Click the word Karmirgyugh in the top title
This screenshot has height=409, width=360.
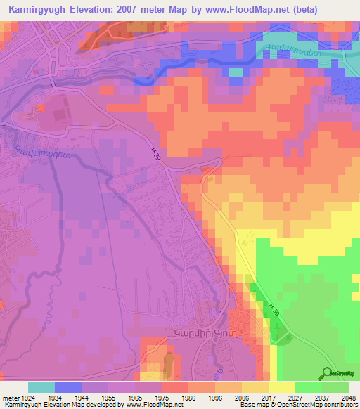[34, 10]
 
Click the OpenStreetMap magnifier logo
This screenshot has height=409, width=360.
[328, 373]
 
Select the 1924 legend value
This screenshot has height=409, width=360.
[28, 397]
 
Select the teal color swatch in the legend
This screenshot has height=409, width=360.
[41, 387]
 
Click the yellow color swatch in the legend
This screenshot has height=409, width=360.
[282, 387]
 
